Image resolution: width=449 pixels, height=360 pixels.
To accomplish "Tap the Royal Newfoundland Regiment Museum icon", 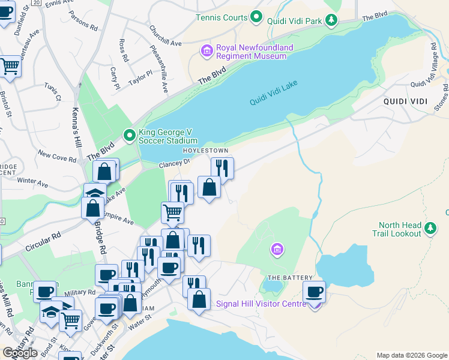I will tap(207, 51).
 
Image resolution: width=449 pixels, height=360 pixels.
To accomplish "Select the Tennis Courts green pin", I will tap(256, 17).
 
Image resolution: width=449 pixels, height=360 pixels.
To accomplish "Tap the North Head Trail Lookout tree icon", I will tap(430, 229).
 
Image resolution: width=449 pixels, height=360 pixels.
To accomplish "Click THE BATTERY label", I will tap(290, 278).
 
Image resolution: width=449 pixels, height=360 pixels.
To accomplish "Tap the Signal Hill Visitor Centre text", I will tap(261, 304).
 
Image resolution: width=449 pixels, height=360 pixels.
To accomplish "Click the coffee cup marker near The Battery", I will tap(314, 292).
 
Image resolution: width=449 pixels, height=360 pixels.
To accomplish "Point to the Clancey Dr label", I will tap(174, 163).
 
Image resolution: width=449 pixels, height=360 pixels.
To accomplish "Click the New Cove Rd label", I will tap(56, 157).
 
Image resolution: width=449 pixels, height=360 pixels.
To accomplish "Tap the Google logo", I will tap(20, 353).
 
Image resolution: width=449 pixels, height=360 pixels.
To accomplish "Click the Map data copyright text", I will tap(411, 355).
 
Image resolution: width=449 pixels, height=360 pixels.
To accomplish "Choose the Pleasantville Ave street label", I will tap(164, 76).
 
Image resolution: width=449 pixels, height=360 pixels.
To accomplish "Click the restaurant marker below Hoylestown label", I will tap(222, 169).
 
